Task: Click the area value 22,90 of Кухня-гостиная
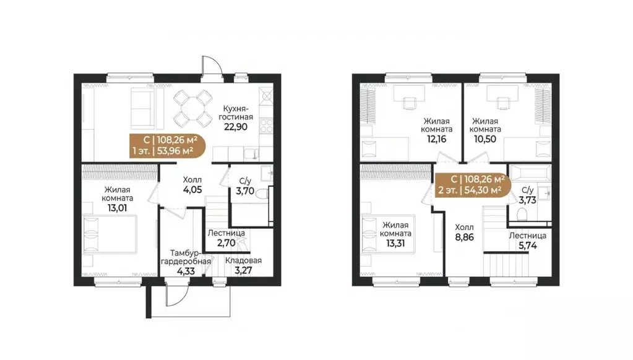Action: tap(236, 127)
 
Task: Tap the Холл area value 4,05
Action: tap(192, 190)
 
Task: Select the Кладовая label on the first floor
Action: tap(243, 260)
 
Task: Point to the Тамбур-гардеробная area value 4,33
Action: tap(186, 271)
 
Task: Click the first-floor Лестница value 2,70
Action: tap(226, 243)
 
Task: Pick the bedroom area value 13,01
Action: tap(117, 208)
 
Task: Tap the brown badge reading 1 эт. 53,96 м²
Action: tap(168, 146)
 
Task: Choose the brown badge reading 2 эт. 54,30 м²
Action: tap(473, 184)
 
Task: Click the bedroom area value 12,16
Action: tap(436, 139)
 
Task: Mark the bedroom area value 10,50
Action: tap(485, 139)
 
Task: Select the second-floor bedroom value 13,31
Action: tap(395, 243)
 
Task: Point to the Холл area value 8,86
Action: tap(464, 238)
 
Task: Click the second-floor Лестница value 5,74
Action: tap(528, 246)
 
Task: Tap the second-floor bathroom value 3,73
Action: tap(528, 200)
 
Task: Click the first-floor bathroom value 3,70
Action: tap(245, 191)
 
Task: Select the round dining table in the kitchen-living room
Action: tap(193, 108)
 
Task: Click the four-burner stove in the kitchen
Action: tap(266, 126)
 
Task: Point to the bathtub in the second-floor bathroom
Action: tap(530, 173)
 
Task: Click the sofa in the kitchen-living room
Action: tap(142, 108)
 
